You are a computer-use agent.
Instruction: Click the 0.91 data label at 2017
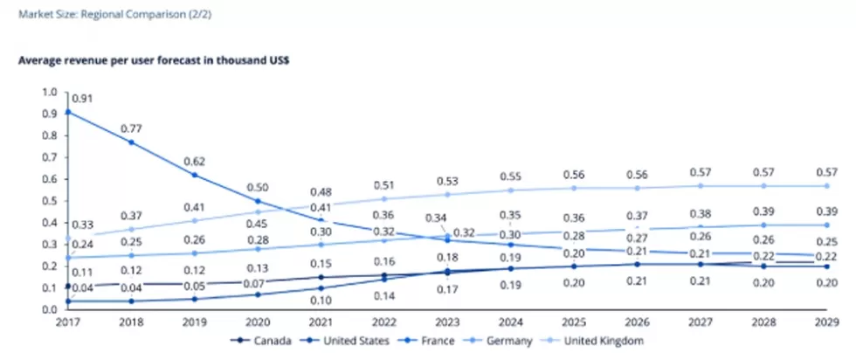(84, 99)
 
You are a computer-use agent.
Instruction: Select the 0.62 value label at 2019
(194, 160)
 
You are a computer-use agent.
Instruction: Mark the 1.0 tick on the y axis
(49, 92)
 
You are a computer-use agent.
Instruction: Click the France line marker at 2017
(68, 112)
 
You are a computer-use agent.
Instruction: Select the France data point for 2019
(194, 175)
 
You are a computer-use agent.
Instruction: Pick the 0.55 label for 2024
(511, 176)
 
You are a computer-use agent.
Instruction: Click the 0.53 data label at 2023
(447, 181)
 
